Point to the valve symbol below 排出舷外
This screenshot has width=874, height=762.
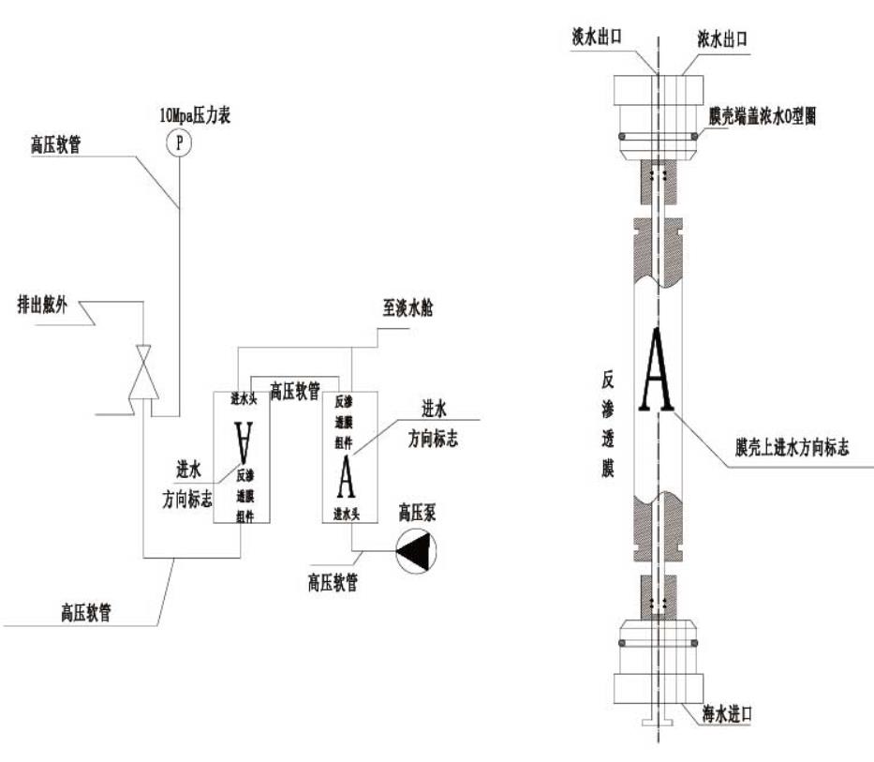(x=142, y=373)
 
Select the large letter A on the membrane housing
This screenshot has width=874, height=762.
(x=657, y=373)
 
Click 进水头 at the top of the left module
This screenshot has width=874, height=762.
(x=244, y=398)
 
